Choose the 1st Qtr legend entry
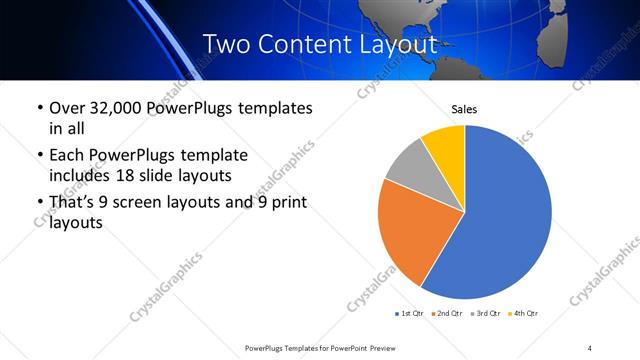click(410, 314)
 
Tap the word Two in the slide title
click(224, 45)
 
